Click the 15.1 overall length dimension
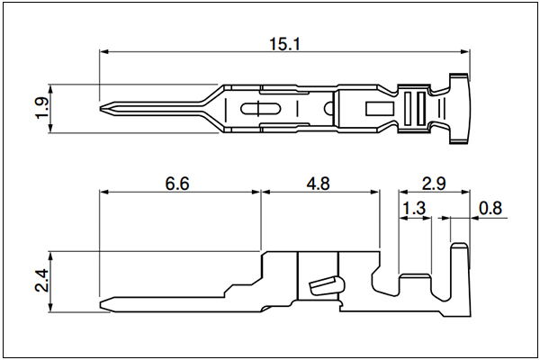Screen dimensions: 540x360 pos(284,44)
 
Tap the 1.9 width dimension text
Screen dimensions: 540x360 pos(42,108)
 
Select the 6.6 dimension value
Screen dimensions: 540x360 pos(177,184)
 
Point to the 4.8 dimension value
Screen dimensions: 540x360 pos(319,184)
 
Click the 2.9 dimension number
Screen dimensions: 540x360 pos(434,184)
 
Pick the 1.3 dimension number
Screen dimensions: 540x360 pos(414,209)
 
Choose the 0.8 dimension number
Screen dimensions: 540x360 pos(490,209)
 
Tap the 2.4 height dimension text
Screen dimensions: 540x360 pos(42,281)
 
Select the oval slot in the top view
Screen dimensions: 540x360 pos(260,109)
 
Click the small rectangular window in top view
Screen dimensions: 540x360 pos(380,109)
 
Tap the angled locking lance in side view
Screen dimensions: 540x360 pos(326,286)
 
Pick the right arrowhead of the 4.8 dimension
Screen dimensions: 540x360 pos(375,192)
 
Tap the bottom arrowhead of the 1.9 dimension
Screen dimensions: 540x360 pos(50,128)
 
